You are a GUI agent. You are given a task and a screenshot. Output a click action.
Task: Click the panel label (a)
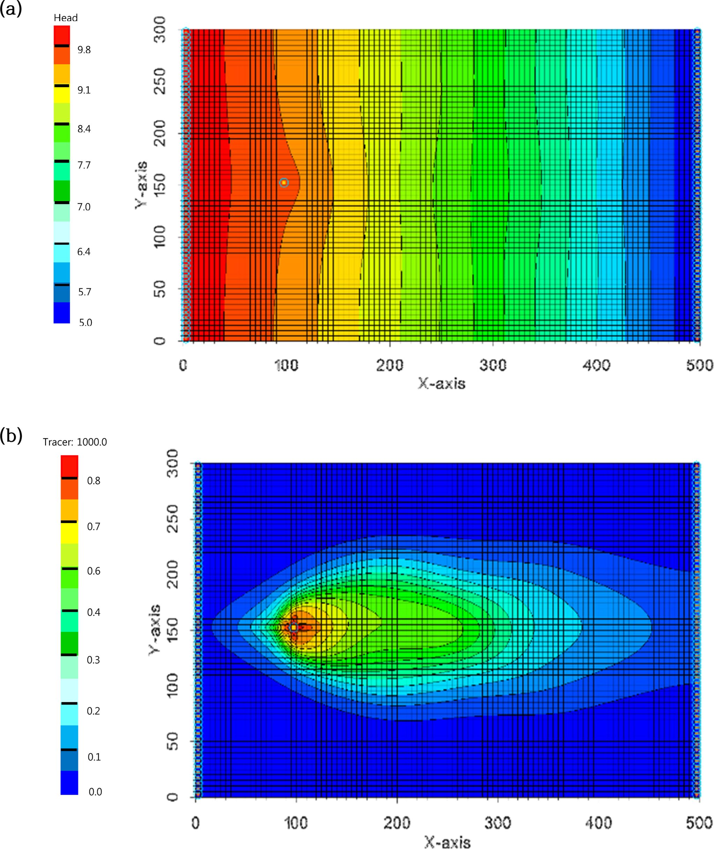pos(10,9)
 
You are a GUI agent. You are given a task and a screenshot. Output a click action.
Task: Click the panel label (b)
pos(11,436)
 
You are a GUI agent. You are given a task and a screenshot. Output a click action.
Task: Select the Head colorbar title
pos(66,18)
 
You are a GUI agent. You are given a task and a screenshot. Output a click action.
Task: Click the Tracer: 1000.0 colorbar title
pos(75,442)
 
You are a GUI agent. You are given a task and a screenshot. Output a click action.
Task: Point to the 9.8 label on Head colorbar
pos(84,50)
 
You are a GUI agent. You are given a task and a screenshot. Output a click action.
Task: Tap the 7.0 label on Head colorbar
pos(84,207)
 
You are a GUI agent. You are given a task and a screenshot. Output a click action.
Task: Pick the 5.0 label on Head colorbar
pos(85,323)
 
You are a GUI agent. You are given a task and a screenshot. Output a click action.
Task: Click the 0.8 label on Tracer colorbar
pos(93,481)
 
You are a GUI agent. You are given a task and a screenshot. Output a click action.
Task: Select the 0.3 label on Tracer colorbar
pos(93,660)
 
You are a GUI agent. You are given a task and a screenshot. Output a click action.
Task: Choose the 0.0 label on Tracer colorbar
pos(95,792)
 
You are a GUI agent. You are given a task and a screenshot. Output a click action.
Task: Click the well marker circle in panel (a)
pos(284,183)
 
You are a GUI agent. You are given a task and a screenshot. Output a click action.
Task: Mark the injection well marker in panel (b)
pos(294,628)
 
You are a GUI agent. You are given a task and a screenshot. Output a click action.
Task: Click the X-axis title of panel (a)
pos(442,384)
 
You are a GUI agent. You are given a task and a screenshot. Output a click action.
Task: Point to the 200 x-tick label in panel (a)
pos(389,365)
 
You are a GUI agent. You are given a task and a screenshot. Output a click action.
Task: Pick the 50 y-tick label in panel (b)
pos(172,741)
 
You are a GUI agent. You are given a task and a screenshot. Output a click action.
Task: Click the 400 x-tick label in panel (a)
pos(596,365)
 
